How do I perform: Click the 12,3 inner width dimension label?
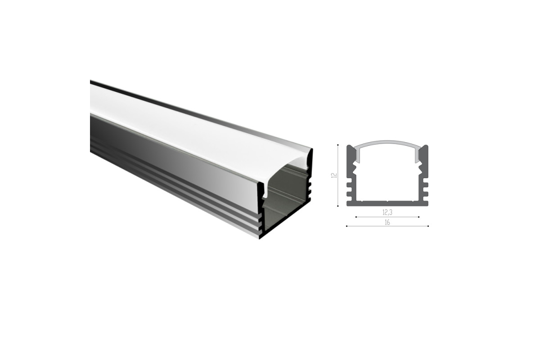[387, 212]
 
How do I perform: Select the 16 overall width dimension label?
[387, 223]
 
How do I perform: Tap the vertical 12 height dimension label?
[334, 175]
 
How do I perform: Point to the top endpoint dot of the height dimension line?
[338, 145]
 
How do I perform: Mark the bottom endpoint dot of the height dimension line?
[338, 206]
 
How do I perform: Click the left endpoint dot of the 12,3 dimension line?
[356, 217]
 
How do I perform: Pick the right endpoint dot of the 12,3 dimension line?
[419, 217]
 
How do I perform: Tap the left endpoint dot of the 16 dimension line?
[346, 226]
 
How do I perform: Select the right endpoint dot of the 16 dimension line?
[428, 226]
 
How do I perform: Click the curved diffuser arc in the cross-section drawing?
[387, 142]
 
